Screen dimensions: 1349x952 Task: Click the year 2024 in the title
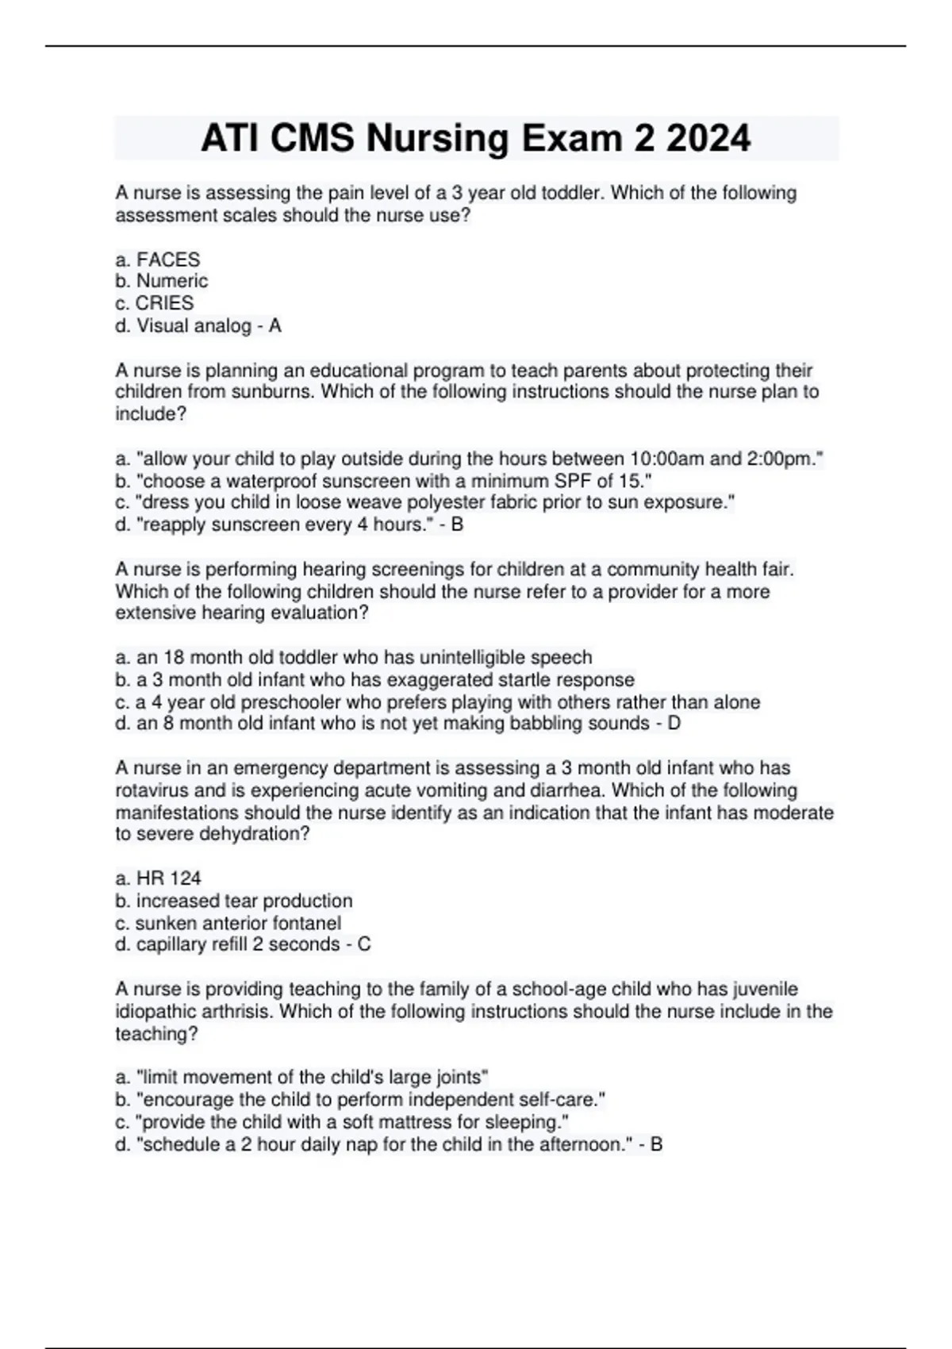[708, 139]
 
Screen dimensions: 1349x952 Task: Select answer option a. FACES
[158, 259]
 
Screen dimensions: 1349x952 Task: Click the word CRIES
[164, 303]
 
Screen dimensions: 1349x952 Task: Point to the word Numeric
[172, 281]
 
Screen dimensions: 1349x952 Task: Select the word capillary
[171, 944]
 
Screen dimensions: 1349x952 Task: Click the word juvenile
[761, 990]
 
